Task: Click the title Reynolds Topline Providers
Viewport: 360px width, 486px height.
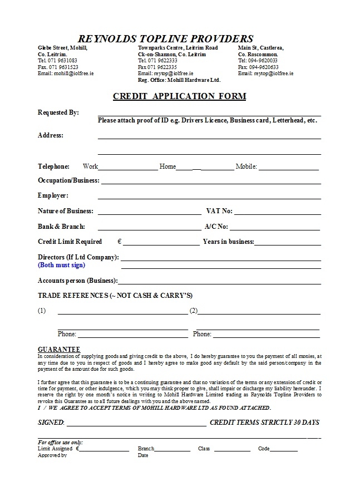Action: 166,38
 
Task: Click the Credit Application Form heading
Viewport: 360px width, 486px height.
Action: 179,96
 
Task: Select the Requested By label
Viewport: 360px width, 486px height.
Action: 58,112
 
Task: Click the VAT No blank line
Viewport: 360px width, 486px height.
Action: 278,214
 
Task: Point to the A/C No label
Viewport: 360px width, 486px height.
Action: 216,227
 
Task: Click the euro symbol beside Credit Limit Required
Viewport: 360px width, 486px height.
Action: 120,242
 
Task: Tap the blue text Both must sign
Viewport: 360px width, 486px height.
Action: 61,265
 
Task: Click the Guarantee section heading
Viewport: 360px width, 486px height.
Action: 59,348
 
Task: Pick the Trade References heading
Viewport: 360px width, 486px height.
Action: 115,295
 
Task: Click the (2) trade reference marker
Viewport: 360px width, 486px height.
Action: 194,311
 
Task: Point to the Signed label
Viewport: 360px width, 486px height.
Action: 51,423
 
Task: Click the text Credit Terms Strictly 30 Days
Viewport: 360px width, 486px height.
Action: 264,423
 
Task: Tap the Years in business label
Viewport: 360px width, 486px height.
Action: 228,242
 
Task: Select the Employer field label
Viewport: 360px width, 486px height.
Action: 53,195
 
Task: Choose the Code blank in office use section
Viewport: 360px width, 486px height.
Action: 284,450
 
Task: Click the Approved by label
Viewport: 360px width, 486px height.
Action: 52,455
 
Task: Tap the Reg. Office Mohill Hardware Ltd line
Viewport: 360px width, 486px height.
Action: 179,80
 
